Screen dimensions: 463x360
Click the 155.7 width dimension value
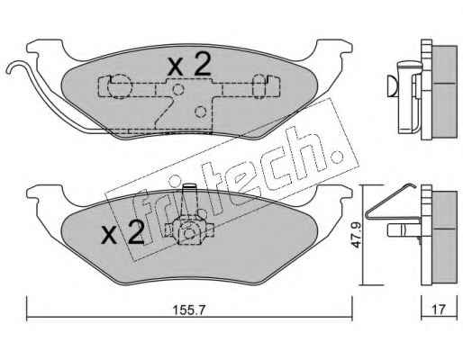(x=189, y=310)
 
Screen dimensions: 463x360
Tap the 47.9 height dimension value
(x=356, y=235)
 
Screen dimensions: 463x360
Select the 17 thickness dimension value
(x=439, y=310)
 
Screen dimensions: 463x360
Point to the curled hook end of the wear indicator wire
(x=14, y=67)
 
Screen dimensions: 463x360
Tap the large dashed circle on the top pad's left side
(x=120, y=86)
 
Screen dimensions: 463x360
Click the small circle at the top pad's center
(x=177, y=89)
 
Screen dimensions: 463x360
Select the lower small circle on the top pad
(x=200, y=112)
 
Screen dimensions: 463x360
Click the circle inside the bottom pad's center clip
(x=189, y=233)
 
